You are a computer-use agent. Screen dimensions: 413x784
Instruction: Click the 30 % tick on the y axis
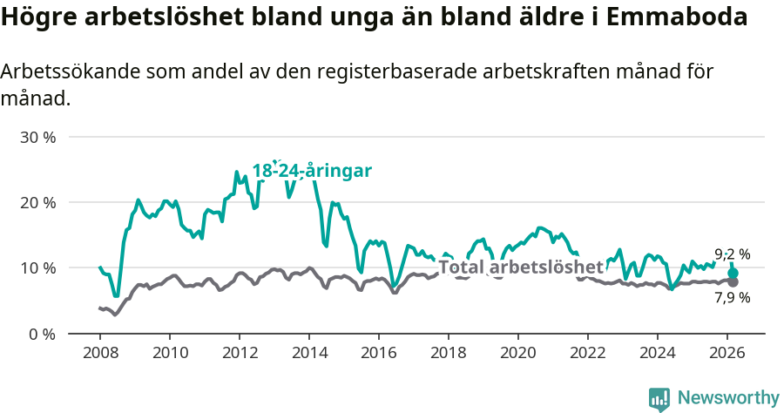coord(37,138)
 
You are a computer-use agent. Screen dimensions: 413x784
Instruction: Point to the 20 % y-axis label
coord(37,203)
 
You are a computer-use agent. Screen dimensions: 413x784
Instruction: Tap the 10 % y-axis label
coord(37,268)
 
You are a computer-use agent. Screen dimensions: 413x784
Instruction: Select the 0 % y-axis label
coord(42,334)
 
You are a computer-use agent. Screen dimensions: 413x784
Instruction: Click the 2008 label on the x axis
coord(99,353)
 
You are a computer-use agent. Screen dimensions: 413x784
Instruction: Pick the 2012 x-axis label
coord(239,353)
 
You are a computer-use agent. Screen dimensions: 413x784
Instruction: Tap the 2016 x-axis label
coord(379,353)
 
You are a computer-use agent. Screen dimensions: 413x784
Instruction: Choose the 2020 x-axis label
coord(518,353)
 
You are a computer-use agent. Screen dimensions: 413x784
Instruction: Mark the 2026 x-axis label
coord(727,353)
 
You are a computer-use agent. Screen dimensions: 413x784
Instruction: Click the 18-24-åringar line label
coord(312,171)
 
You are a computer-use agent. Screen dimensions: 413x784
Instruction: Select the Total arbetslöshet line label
coord(520,267)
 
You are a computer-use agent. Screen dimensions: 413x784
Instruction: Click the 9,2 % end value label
coord(732,255)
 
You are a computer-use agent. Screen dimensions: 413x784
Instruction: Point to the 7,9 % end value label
coord(732,298)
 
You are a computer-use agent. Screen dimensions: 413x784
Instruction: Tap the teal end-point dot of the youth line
coord(733,274)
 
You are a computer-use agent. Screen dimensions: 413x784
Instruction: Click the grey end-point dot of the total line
coord(733,282)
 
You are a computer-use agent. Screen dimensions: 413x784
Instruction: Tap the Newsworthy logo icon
coord(659,399)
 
